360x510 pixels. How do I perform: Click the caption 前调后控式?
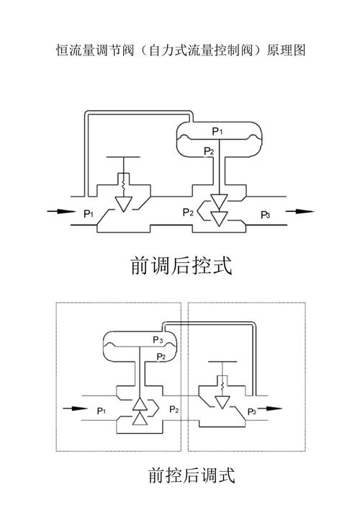181,266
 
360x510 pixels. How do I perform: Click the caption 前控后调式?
192,475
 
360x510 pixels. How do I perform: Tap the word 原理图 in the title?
286,50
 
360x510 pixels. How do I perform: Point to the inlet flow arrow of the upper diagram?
61,212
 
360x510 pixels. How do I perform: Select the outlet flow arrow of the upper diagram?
300,211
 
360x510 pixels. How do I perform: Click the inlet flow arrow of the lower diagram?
75,408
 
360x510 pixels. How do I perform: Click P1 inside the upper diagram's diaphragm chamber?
217,131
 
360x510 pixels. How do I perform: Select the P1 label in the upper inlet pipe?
89,214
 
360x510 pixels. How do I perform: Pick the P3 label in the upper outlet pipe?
266,215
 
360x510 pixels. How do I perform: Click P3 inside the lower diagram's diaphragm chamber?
158,340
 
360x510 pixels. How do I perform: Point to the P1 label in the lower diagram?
101,411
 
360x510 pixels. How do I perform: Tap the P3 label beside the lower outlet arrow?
252,412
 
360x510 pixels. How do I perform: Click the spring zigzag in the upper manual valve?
123,185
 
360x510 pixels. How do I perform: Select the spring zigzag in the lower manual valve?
222,386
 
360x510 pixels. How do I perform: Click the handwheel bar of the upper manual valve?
123,157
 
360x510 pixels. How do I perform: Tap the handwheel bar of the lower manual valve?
222,362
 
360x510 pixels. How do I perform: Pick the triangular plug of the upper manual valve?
124,204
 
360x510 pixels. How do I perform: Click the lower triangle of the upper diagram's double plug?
219,218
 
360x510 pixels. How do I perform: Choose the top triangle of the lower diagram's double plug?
140,404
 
